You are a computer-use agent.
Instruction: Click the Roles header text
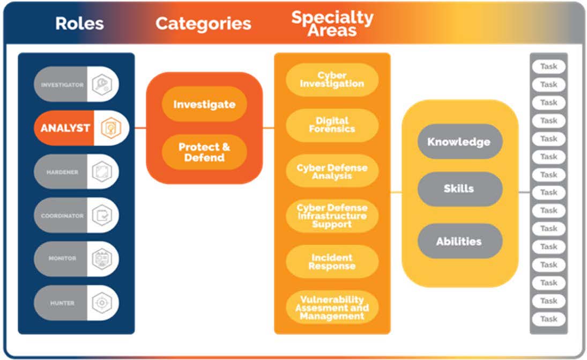tap(79, 24)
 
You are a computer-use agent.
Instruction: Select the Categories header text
tap(203, 24)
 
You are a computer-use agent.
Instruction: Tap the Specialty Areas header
tap(332, 24)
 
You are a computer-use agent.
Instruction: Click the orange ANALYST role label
tap(65, 128)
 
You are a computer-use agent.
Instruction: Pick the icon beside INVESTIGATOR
tap(101, 85)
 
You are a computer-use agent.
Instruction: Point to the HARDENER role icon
tap(101, 172)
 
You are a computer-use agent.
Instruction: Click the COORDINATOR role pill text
tap(62, 216)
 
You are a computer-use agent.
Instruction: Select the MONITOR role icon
tap(101, 259)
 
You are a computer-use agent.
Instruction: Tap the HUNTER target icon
tap(101, 303)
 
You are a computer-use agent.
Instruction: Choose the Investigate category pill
tap(204, 104)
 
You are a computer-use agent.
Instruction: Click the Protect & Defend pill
tap(204, 152)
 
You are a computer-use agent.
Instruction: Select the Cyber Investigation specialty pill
tap(332, 79)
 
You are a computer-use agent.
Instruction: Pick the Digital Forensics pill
tap(332, 124)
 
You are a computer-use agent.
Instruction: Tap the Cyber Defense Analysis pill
tap(332, 172)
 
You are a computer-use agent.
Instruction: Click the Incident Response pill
tap(332, 262)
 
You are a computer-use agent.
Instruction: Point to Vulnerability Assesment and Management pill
tap(332, 307)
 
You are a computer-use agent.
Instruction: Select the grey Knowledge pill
tap(459, 142)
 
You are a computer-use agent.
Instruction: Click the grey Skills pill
tap(459, 189)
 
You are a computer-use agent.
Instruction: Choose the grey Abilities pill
tap(459, 241)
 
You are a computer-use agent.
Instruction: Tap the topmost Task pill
tap(548, 67)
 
